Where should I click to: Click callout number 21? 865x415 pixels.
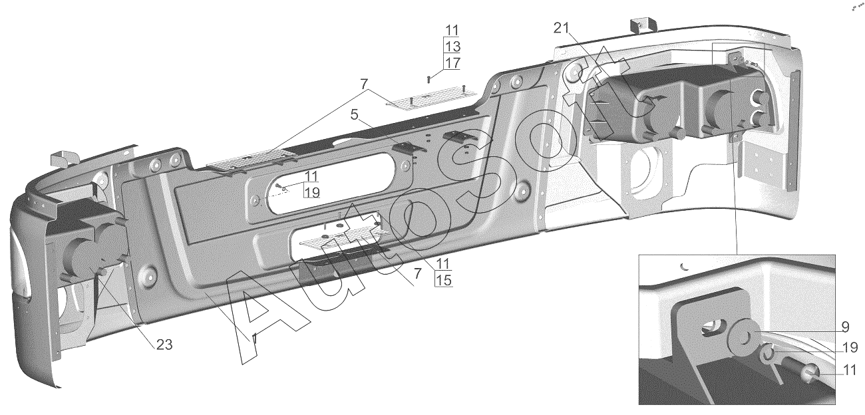tap(562, 28)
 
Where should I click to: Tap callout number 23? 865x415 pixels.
tap(164, 345)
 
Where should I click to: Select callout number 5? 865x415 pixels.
tap(355, 114)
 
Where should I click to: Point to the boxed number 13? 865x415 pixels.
tap(452, 47)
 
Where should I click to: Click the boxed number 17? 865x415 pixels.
tap(452, 63)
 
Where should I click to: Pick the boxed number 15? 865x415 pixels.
tap(443, 280)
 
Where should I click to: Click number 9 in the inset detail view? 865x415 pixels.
tap(844, 327)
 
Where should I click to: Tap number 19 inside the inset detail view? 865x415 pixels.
tap(849, 347)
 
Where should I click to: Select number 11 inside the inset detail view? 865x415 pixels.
tap(849, 371)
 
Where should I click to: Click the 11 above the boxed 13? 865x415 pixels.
tap(452, 30)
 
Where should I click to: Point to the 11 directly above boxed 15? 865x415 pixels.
tap(443, 263)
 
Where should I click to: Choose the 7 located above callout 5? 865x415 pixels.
tap(363, 84)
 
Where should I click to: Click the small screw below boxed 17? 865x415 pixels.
tap(429, 78)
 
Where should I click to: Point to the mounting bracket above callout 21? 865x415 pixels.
tap(643, 24)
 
